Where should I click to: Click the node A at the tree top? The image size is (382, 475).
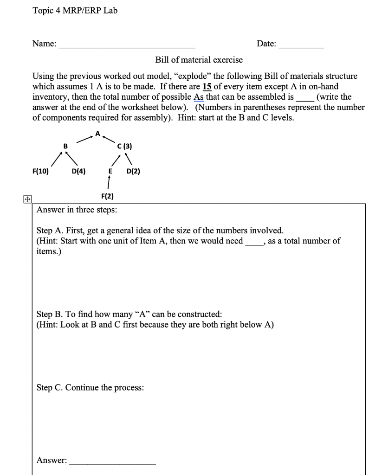97,134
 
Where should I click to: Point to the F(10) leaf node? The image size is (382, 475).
42,171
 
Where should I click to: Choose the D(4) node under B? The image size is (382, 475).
78,171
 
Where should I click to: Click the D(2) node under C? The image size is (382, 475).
133,171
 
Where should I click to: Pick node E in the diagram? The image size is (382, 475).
110,171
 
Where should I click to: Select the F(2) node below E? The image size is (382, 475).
108,196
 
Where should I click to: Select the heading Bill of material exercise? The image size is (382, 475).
199,60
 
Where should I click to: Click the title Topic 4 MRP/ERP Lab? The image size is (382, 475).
75,11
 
